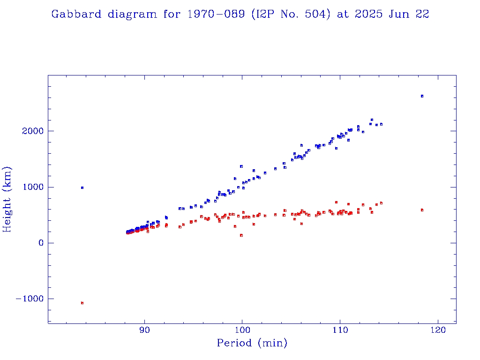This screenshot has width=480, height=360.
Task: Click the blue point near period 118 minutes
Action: pyautogui.click(x=422, y=96)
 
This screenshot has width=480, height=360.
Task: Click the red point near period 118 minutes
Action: pyautogui.click(x=422, y=210)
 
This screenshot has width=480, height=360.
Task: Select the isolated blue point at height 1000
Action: pyautogui.click(x=82, y=187)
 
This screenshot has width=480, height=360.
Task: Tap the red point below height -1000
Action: pyautogui.click(x=82, y=303)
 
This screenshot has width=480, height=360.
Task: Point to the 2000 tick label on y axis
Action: pyautogui.click(x=32, y=131)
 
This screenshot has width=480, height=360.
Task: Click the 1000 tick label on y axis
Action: pyautogui.click(x=32, y=187)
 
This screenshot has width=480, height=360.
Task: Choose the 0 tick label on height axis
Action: pyautogui.click(x=41, y=243)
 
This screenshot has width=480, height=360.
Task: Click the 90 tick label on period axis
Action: pyautogui.click(x=145, y=330)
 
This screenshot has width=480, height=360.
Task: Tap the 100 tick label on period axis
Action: pyautogui.click(x=242, y=330)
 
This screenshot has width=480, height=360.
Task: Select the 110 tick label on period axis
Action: pyautogui.click(x=340, y=330)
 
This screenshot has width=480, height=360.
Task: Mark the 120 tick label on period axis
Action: pyautogui.click(x=438, y=330)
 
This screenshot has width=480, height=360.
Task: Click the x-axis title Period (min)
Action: pyautogui.click(x=252, y=343)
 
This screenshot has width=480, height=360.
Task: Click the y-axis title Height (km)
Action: pyautogui.click(x=7, y=199)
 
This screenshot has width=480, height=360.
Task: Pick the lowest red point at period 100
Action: pyautogui.click(x=241, y=235)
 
